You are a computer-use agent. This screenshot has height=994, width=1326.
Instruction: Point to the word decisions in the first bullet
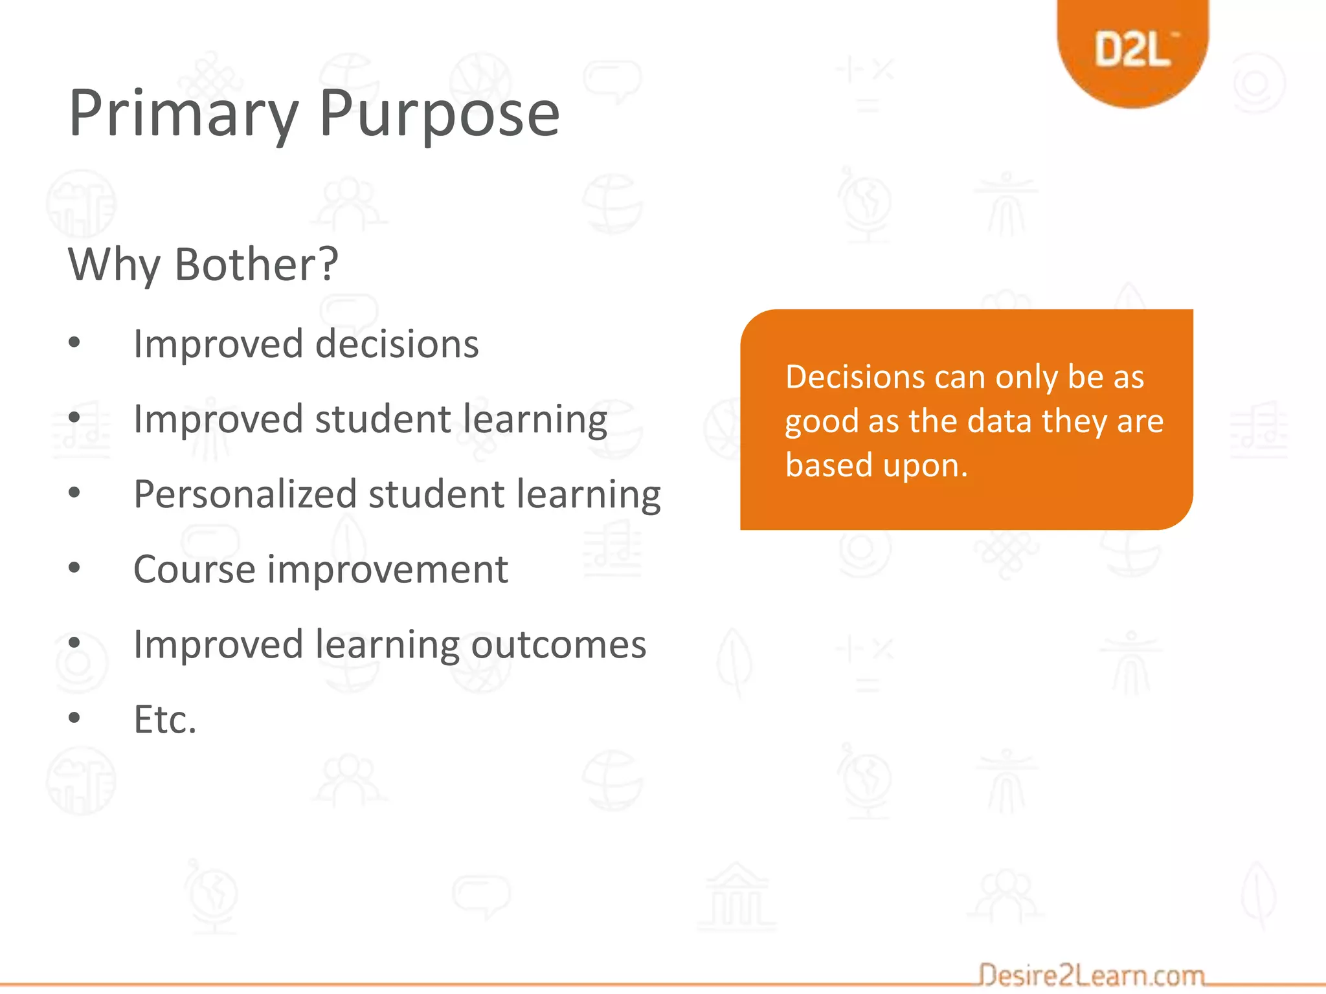tap(396, 344)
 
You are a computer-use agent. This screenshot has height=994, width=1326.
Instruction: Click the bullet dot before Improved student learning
tap(74, 418)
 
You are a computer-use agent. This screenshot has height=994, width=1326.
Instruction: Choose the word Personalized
tap(245, 494)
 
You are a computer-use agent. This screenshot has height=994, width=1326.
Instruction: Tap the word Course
tap(194, 569)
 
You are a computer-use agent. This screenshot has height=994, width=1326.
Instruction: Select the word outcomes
tap(558, 645)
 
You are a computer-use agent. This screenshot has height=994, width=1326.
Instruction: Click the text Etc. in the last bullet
tap(164, 720)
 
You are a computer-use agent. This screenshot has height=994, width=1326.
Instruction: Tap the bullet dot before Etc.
tap(74, 717)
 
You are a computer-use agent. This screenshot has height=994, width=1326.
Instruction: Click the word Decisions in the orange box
tap(855, 377)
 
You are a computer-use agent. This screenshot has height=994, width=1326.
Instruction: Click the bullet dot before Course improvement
tap(74, 568)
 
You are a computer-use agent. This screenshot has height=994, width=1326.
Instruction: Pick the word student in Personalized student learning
tap(436, 494)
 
